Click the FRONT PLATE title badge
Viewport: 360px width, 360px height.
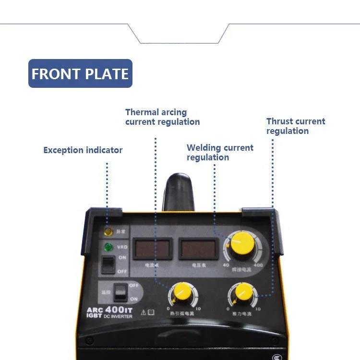click(80, 73)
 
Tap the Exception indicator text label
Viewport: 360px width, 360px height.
click(83, 150)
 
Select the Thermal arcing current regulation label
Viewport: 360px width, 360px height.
click(162, 117)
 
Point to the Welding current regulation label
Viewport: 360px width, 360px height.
click(220, 153)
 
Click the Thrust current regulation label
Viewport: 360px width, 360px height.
click(296, 126)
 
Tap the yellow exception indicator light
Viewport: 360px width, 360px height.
click(108, 232)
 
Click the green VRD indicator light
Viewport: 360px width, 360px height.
click(108, 248)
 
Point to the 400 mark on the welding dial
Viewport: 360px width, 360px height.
click(258, 265)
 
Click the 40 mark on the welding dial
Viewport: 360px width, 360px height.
click(226, 265)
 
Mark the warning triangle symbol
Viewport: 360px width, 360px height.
click(143, 312)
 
